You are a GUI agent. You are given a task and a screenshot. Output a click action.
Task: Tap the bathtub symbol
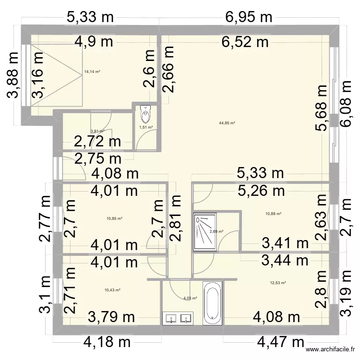coord(212,303)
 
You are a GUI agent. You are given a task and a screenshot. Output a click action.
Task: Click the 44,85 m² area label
coord(227,123)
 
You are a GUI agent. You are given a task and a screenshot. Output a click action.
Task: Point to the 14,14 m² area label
coord(92,72)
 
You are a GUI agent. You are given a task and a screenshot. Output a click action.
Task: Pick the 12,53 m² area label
coord(278,283)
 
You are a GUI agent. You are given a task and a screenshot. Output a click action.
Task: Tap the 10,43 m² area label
coord(112,289)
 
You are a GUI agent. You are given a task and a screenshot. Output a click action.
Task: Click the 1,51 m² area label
coord(146,127)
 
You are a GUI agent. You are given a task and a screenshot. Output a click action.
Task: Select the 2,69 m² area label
coord(216,231)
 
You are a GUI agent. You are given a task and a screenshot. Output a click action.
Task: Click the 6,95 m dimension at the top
coord(248,18)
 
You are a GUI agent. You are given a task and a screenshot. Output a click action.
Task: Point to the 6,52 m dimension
coord(245,42)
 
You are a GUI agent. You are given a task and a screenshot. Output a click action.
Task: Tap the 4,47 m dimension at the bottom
coord(281,342)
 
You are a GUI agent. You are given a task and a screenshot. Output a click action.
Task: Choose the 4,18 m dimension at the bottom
coord(107,342)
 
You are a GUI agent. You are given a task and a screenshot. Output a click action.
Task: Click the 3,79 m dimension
coord(111,317)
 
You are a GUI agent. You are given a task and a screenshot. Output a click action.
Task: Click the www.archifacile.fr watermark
coord(331,351)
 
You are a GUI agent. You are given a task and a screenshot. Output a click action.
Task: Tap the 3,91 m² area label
coord(97,131)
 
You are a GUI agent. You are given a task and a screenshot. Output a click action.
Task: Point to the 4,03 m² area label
coord(190,298)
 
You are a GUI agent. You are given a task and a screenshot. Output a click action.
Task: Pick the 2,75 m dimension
coord(97,159)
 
